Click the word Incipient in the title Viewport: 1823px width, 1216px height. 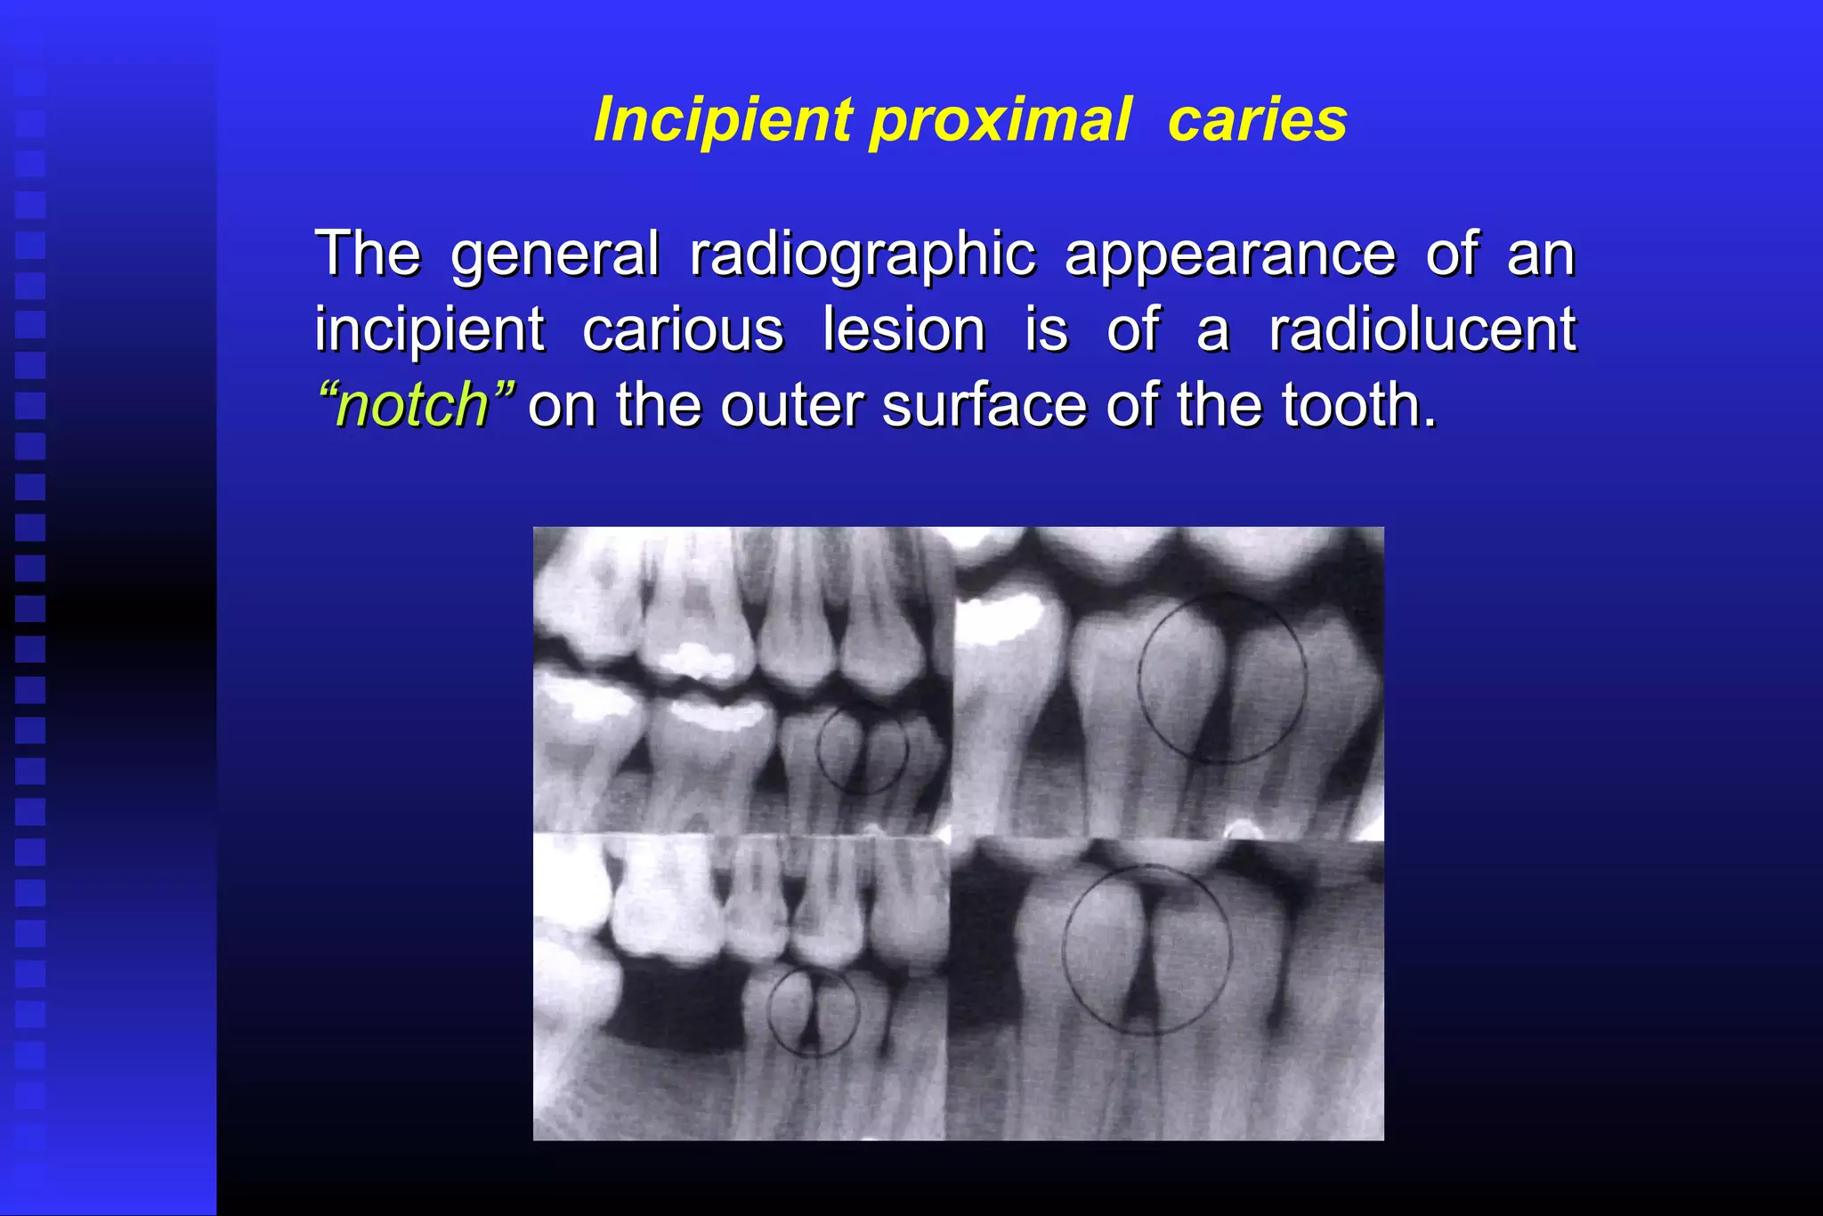point(723,120)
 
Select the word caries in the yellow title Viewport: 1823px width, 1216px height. point(1257,120)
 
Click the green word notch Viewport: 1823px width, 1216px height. point(415,406)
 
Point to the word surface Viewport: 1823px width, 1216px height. point(984,406)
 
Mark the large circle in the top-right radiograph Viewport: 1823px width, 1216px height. point(1222,677)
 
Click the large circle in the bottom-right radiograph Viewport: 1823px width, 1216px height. point(1146,950)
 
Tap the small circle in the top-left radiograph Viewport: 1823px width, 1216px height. point(862,750)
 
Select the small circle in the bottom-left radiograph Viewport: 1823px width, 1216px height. point(813,1012)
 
